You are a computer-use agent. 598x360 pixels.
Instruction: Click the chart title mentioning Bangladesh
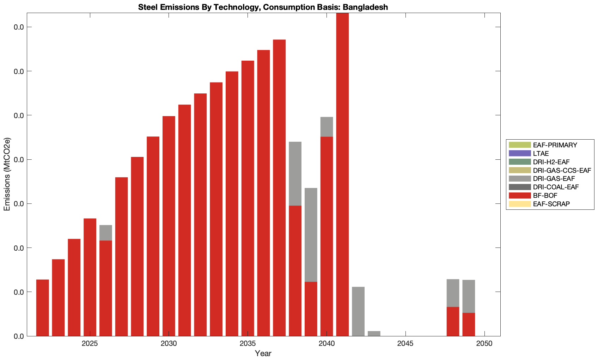click(x=263, y=7)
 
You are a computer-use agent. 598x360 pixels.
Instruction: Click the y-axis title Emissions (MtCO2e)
click(x=7, y=174)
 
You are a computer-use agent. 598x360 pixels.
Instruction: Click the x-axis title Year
click(x=263, y=353)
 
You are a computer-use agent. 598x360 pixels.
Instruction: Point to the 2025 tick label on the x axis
click(x=90, y=344)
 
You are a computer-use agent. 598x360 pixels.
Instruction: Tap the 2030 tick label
click(x=169, y=344)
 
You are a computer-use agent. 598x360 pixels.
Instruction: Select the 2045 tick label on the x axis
click(x=405, y=344)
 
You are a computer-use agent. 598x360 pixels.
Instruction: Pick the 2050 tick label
click(x=484, y=344)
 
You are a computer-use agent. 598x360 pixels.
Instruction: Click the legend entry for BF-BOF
click(x=545, y=196)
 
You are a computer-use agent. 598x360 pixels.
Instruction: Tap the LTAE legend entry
click(x=541, y=153)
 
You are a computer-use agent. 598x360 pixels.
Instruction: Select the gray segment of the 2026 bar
click(x=106, y=233)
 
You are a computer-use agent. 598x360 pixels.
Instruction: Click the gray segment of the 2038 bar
click(x=295, y=173)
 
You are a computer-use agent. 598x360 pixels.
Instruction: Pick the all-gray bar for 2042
click(x=358, y=311)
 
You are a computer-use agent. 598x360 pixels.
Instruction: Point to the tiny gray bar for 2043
click(x=374, y=334)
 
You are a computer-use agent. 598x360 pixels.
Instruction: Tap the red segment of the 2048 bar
click(x=453, y=322)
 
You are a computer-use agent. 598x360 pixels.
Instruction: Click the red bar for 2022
click(x=43, y=308)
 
